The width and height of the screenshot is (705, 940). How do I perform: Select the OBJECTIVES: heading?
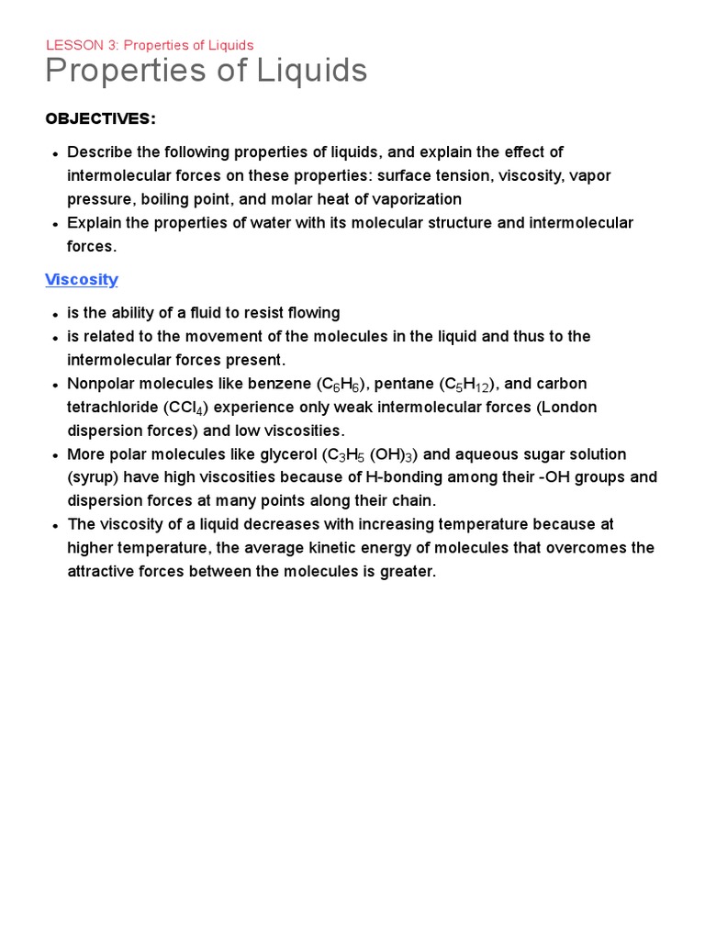point(101,118)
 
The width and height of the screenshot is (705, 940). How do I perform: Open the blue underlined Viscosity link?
point(82,279)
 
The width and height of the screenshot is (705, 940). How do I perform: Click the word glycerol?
point(281,454)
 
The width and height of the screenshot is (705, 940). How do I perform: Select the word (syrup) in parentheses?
point(93,477)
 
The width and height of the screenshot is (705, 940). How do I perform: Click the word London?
point(569,407)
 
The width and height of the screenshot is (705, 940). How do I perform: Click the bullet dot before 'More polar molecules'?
point(55,455)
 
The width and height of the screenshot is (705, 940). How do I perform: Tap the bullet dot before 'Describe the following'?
point(55,152)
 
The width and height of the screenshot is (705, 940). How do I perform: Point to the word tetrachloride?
point(114,407)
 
